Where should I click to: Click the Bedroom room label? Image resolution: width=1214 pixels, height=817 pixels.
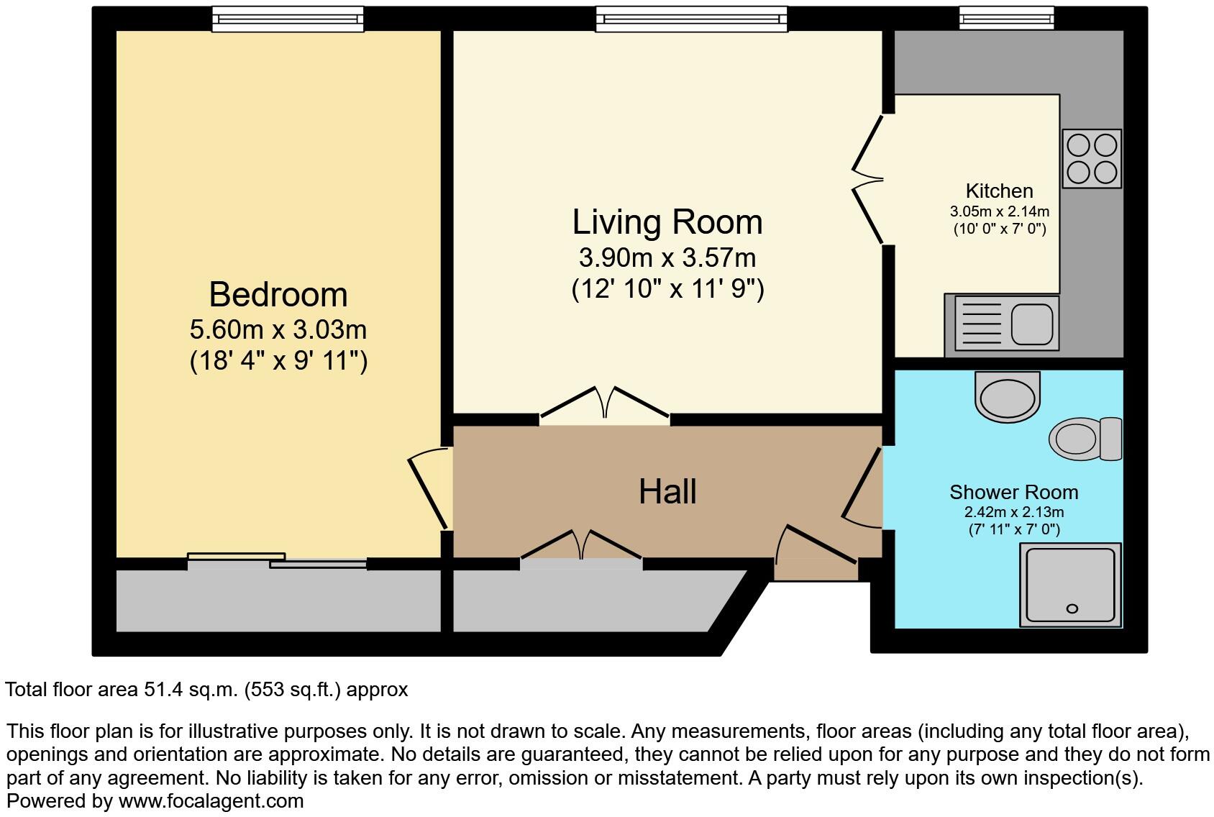[278, 295]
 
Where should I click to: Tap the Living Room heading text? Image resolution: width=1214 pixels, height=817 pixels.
[667, 222]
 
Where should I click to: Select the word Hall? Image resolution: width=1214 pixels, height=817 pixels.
[667, 492]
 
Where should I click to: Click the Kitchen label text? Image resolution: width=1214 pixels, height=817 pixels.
[999, 191]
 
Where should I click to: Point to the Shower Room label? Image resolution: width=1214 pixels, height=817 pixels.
[1013, 493]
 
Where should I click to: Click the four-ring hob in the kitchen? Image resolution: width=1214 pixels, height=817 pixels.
[1091, 159]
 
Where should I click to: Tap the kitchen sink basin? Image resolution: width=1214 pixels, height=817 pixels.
[1032, 324]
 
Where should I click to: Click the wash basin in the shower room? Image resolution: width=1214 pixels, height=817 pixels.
[1008, 397]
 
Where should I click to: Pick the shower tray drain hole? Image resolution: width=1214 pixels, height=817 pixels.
[1072, 608]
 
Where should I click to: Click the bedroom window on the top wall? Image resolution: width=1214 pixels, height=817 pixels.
[288, 19]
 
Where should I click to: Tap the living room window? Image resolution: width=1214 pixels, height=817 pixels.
[691, 19]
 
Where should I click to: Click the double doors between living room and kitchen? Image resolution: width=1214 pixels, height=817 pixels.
[869, 180]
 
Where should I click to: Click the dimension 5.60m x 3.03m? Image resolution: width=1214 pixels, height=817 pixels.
[278, 330]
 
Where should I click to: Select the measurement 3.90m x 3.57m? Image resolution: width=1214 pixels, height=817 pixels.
[667, 257]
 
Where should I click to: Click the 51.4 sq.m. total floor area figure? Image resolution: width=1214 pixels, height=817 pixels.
[191, 690]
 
